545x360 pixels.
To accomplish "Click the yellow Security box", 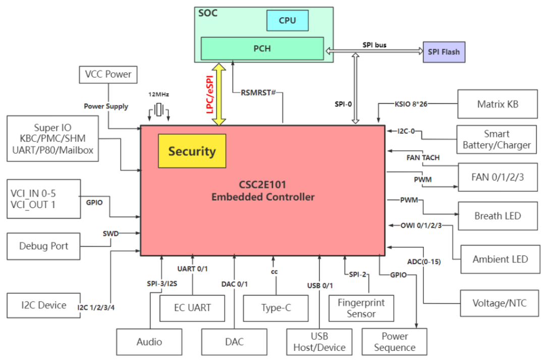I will tap(192, 151).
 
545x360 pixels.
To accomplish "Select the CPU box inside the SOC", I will tap(287, 21).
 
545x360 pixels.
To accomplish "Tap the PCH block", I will tap(262, 48).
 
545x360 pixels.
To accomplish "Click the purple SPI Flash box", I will tap(444, 52).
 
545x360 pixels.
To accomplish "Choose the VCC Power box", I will tap(108, 74).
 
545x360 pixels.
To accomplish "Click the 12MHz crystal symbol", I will tap(159, 110).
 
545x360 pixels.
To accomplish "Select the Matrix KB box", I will tap(497, 105).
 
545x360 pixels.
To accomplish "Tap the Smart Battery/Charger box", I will tap(497, 140).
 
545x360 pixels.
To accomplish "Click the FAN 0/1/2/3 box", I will tap(497, 177).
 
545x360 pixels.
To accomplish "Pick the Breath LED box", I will tap(497, 216).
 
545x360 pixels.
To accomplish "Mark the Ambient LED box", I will tap(500, 260).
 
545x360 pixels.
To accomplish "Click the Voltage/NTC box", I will tap(499, 303).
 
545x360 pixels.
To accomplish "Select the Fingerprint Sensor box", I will tap(361, 308).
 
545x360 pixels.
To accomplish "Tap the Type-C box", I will tap(276, 308).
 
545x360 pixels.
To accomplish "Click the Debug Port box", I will tap(43, 246).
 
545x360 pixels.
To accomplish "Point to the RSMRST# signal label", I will tap(258, 92).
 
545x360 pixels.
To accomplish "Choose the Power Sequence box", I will tap(395, 342).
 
